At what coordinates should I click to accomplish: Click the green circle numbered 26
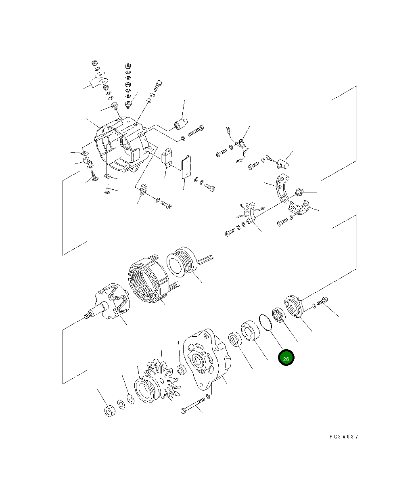pyautogui.click(x=286, y=358)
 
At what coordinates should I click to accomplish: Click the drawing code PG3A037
pyautogui.click(x=343, y=437)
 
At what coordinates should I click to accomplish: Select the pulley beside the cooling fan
pyautogui.click(x=145, y=389)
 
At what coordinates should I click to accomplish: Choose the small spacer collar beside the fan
pyautogui.click(x=181, y=370)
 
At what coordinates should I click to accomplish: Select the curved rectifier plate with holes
pyautogui.click(x=282, y=189)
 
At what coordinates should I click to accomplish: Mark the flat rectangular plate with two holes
pyautogui.click(x=186, y=167)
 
